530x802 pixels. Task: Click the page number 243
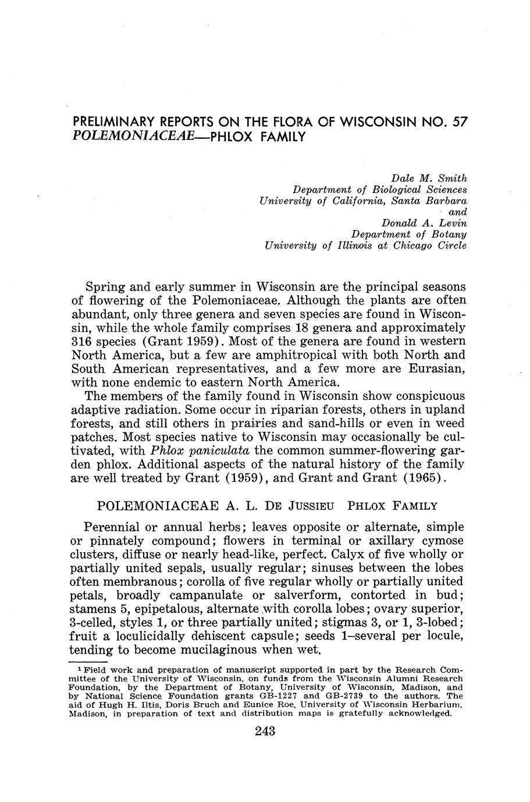tap(265, 731)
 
